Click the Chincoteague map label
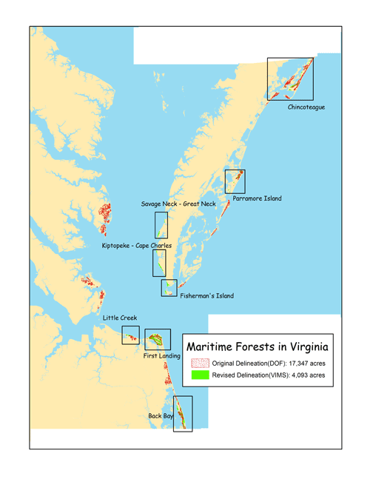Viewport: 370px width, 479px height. tap(306, 107)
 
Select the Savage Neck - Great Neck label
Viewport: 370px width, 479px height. tap(178, 204)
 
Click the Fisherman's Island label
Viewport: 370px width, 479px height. tap(206, 296)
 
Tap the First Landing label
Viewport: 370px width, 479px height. tap(159, 356)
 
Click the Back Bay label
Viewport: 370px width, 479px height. tap(162, 417)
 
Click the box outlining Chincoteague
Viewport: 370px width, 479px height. tap(291, 78)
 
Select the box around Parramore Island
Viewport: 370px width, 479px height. tap(235, 181)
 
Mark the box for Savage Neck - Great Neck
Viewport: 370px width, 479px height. tap(161, 224)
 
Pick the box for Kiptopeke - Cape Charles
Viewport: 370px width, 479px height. tap(158, 262)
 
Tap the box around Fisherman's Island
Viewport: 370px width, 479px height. tap(169, 288)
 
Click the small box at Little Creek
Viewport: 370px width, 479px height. tap(130, 335)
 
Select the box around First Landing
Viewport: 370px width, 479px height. tap(158, 339)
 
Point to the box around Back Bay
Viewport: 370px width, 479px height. tap(182, 413)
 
